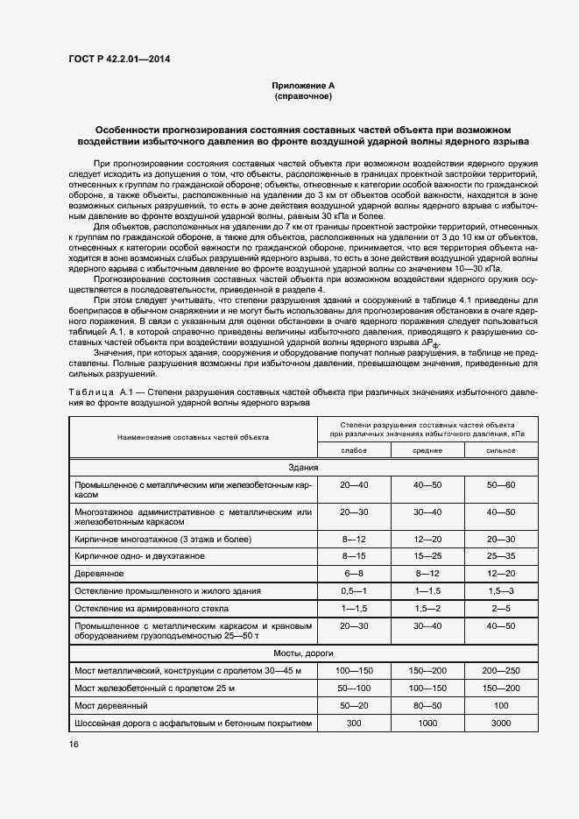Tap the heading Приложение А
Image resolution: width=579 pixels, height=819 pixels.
pyautogui.click(x=303, y=86)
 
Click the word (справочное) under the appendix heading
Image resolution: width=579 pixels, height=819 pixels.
pyautogui.click(x=303, y=96)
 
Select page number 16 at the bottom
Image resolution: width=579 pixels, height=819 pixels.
pyautogui.click(x=74, y=744)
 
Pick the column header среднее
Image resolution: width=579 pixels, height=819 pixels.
pyautogui.click(x=427, y=450)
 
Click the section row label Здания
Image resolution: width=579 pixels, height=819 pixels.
pyautogui.click(x=303, y=467)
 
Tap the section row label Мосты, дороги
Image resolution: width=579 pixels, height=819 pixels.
pyautogui.click(x=303, y=653)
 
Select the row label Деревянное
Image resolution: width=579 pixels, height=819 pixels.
pyautogui.click(x=99, y=573)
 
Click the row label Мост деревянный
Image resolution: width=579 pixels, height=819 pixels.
pyautogui.click(x=110, y=705)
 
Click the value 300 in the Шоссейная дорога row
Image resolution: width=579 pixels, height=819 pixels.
pyautogui.click(x=354, y=723)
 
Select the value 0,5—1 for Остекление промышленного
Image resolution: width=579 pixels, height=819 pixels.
pyautogui.click(x=354, y=590)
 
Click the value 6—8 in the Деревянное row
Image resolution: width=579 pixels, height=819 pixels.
pyautogui.click(x=354, y=573)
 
